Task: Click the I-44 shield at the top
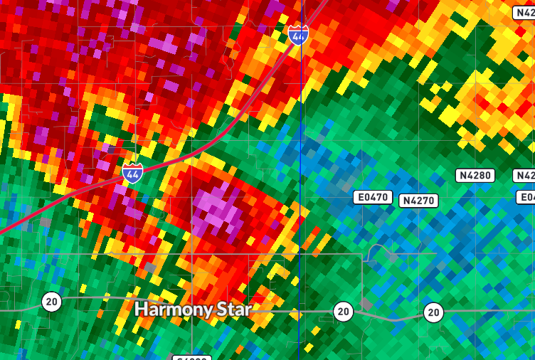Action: (x=299, y=35)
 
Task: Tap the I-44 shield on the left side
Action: (x=132, y=173)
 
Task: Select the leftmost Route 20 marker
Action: (x=51, y=302)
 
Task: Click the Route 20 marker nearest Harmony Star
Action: (x=344, y=311)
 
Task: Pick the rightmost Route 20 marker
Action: (x=433, y=312)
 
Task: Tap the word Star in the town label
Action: (x=233, y=309)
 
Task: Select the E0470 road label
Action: (x=373, y=196)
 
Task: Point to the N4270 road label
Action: (x=418, y=201)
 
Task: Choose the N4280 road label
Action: (x=475, y=175)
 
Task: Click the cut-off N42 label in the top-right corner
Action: (x=524, y=13)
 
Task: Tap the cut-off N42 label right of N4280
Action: (x=524, y=175)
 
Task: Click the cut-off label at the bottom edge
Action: (x=191, y=357)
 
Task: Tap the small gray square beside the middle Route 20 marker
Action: (x=366, y=304)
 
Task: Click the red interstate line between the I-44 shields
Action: (x=213, y=142)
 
